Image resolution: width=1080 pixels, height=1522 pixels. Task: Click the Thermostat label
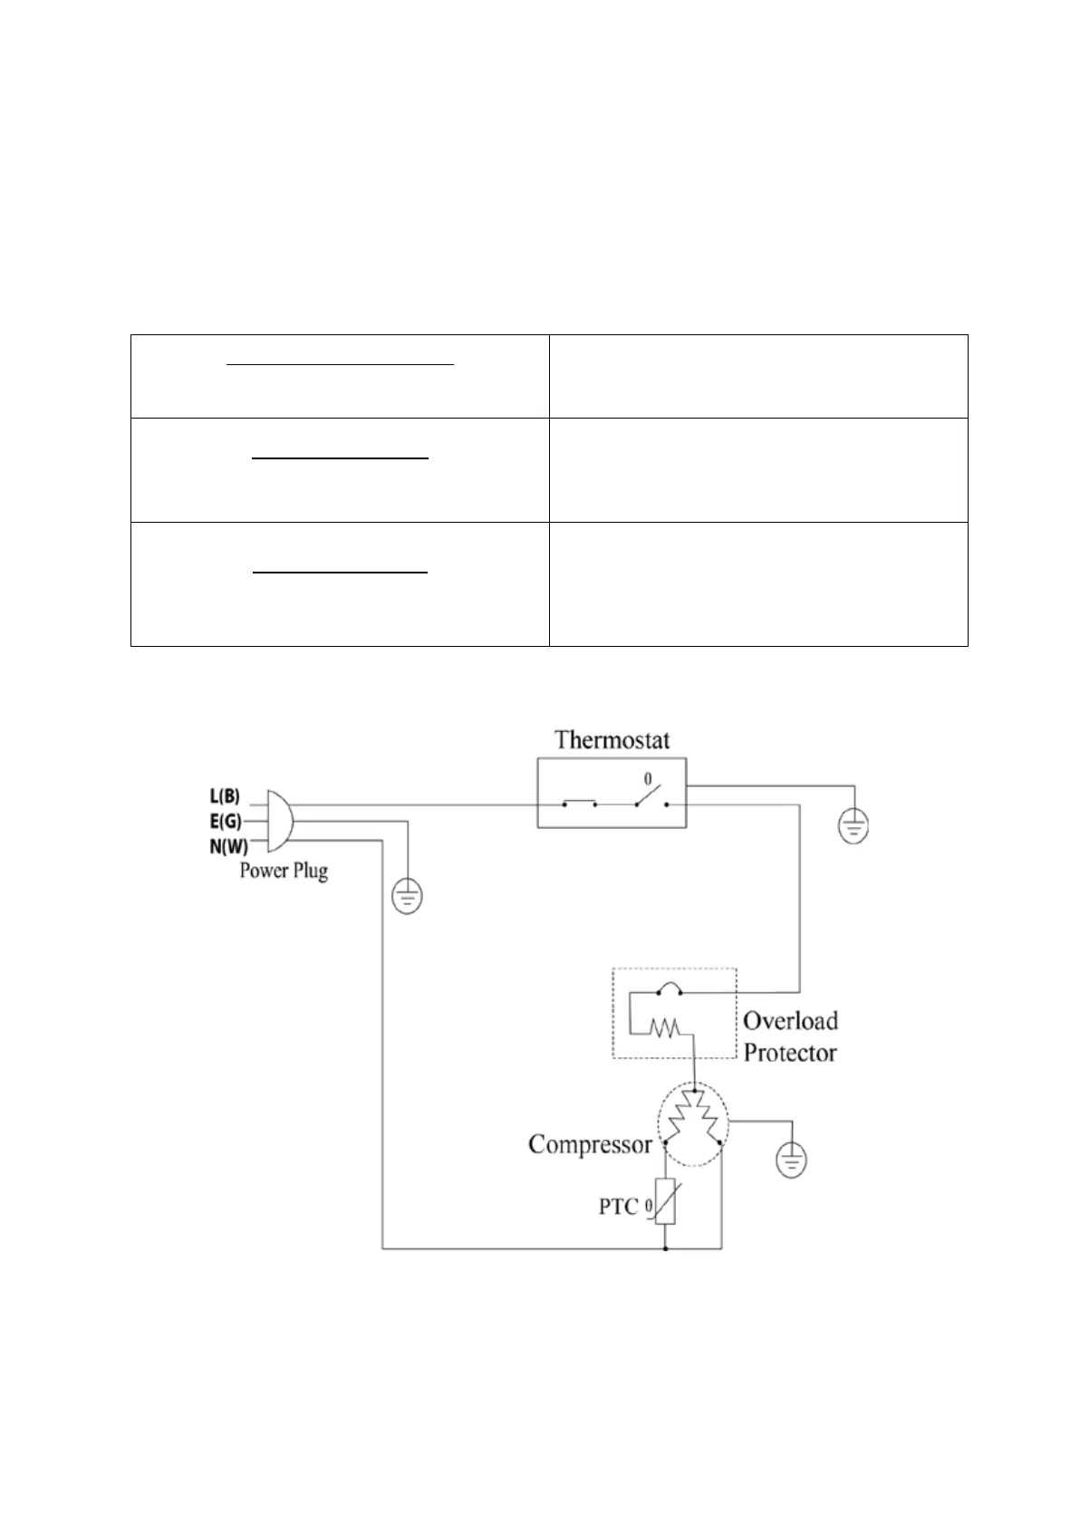pyautogui.click(x=612, y=740)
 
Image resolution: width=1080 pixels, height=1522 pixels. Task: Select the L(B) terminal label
pyautogui.click(x=225, y=797)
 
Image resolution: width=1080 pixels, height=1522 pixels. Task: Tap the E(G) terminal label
pyautogui.click(x=225, y=822)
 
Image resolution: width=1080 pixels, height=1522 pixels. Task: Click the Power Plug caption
pyautogui.click(x=284, y=871)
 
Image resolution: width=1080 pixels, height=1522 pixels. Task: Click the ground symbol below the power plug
pyautogui.click(x=407, y=898)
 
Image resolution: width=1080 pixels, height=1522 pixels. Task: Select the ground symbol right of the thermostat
pyautogui.click(x=852, y=825)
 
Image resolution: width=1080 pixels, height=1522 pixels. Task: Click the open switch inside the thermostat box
pyautogui.click(x=650, y=797)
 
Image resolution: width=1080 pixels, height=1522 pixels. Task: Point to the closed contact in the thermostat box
pyautogui.click(x=579, y=803)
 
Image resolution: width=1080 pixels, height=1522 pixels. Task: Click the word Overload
pyautogui.click(x=790, y=1021)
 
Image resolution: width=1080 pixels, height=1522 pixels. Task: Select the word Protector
pyautogui.click(x=790, y=1053)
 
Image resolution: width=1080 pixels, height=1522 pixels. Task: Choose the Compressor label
pyautogui.click(x=590, y=1144)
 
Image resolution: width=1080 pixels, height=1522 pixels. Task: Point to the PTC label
pyautogui.click(x=619, y=1207)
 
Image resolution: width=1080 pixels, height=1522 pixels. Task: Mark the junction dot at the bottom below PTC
pyautogui.click(x=666, y=1249)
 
